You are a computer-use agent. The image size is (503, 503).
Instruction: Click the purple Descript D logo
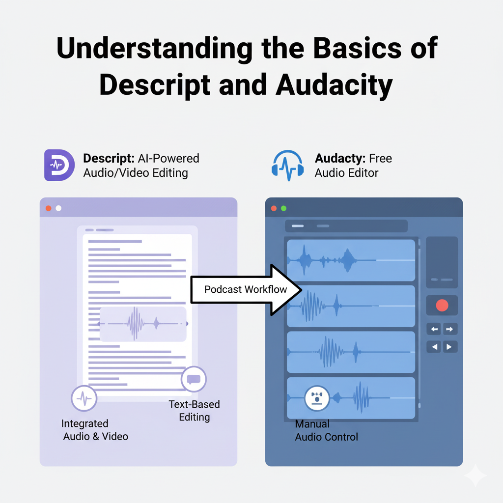coord(59,165)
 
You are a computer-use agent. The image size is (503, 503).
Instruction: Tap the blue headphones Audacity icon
coord(288,166)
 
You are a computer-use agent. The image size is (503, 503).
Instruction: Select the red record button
coord(442,306)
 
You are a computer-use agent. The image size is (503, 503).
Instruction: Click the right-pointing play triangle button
coord(450,347)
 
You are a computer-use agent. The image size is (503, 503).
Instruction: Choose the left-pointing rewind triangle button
coord(434,347)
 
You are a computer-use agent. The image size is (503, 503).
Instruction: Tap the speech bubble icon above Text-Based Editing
coord(194,379)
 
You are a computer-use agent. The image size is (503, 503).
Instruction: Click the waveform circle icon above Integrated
coord(84,398)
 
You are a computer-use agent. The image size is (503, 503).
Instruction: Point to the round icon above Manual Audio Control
coord(317,398)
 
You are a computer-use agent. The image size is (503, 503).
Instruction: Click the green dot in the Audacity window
coord(283,208)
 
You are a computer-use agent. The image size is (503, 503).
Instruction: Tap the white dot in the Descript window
coord(58,208)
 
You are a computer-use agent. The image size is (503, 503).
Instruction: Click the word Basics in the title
coord(357,48)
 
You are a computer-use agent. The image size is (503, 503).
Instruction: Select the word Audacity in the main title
coord(334,85)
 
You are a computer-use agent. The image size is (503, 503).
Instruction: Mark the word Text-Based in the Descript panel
coord(194,404)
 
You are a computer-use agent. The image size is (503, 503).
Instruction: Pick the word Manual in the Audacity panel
coord(312,424)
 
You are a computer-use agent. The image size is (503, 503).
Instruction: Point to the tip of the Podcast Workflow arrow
coord(302,290)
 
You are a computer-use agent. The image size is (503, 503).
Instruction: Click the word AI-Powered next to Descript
coord(168,158)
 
